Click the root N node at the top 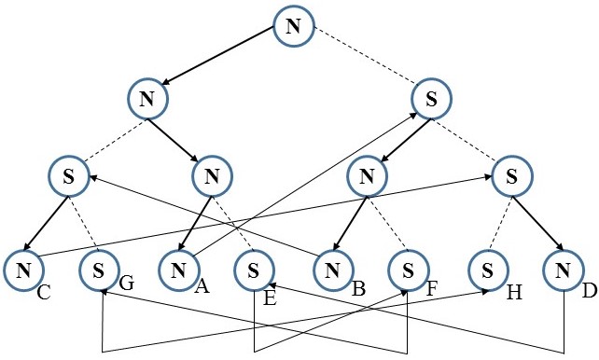pos(293,27)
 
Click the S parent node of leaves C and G pos(70,175)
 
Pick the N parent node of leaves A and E pos(212,175)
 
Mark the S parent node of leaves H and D pos(510,175)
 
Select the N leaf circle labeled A pos(177,271)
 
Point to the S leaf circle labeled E pos(253,271)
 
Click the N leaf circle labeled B pos(332,271)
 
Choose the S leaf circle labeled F pos(408,271)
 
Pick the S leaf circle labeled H pos(487,271)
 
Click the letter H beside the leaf pos(512,293)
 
